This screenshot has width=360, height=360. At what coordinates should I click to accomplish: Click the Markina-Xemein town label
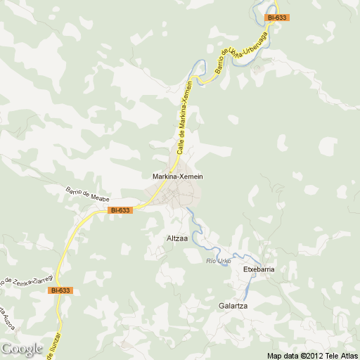coord(178,176)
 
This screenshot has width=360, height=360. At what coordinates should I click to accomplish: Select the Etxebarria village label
coord(258,269)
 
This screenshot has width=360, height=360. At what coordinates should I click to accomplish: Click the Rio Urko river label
coord(219,262)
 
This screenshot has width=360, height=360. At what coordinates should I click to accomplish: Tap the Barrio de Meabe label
coord(85,194)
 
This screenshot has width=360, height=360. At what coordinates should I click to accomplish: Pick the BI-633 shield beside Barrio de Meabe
coord(121,210)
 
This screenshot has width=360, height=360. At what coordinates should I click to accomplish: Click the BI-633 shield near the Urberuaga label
coord(277,17)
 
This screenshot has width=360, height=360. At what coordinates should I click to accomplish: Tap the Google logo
coord(22,348)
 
